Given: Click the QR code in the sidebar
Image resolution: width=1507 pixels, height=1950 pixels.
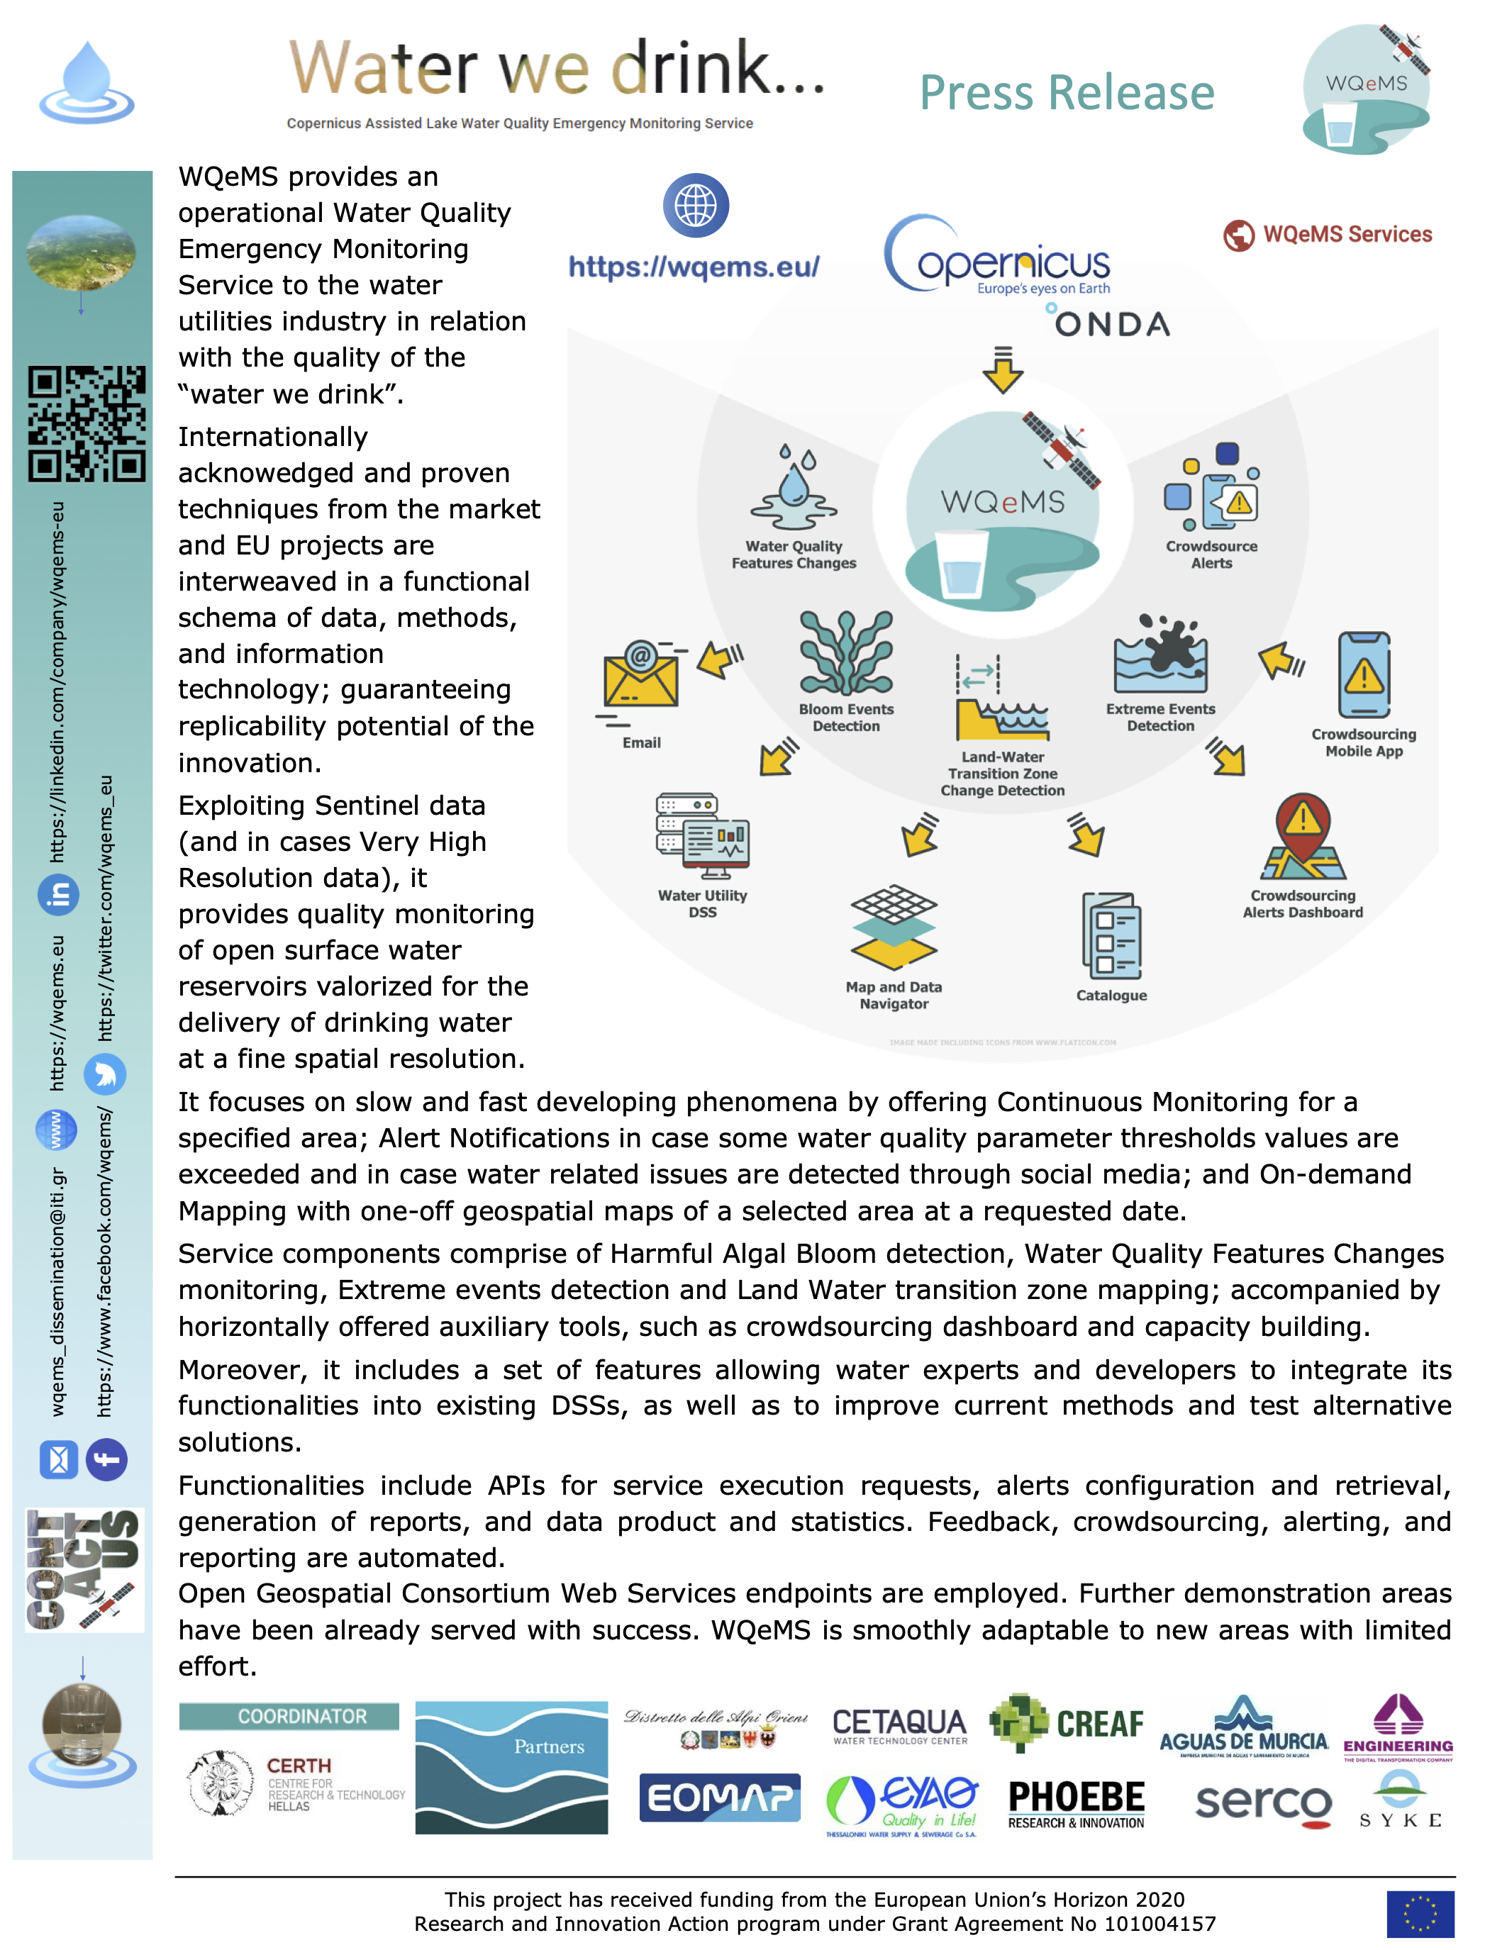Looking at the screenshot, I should click(87, 423).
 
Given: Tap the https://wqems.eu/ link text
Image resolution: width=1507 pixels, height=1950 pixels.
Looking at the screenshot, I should click(694, 267).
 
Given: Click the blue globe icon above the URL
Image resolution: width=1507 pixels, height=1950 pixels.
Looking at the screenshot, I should click(696, 206).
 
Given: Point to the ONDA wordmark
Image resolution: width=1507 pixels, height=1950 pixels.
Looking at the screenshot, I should click(1111, 323).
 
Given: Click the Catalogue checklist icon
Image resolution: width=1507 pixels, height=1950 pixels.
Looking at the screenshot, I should click(1111, 937).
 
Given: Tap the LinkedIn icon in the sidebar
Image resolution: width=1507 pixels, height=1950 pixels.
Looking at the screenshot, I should click(59, 895).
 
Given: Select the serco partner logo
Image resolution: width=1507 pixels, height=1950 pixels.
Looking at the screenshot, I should click(1263, 1803).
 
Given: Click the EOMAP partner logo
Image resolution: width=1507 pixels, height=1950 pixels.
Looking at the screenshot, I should click(720, 1798).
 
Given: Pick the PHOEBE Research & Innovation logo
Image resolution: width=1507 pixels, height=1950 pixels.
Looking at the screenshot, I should click(1076, 1803).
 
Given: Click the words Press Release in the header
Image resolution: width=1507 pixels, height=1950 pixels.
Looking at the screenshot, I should click(1067, 93).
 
